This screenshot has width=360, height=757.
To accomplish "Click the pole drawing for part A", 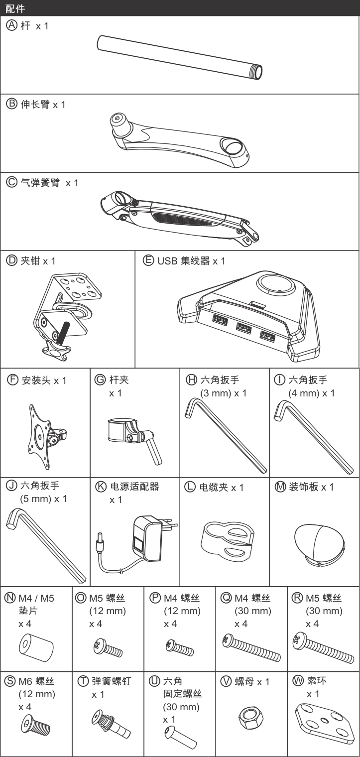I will pyautogui.click(x=179, y=57).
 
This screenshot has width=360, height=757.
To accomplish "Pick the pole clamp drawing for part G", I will pyautogui.click(x=132, y=435).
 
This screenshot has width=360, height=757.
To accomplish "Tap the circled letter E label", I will pyautogui.click(x=148, y=260).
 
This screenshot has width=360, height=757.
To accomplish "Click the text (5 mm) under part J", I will pyautogui.click(x=36, y=499).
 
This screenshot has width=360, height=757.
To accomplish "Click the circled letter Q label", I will pyautogui.click(x=225, y=598).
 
